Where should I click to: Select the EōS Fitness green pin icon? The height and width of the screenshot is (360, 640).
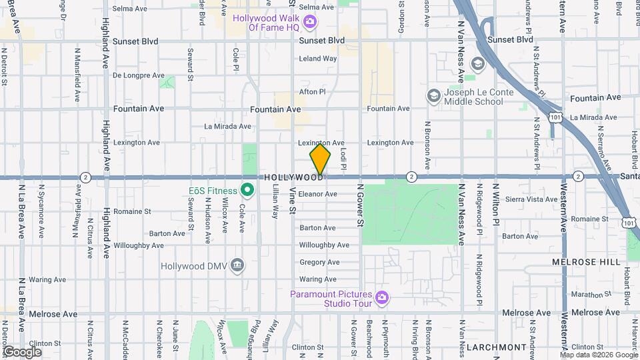(247, 191)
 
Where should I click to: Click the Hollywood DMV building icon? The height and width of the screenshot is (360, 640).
(237, 266)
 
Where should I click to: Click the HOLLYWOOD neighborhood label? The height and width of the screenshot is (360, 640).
(293, 178)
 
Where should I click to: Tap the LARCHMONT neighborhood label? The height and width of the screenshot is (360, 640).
(496, 347)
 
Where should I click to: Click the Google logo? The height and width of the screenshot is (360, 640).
(22, 351)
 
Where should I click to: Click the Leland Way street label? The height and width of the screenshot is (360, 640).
(318, 59)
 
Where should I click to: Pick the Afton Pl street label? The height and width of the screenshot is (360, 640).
(313, 92)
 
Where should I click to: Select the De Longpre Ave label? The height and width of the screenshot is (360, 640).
(138, 75)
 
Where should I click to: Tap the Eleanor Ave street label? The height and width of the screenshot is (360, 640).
(318, 194)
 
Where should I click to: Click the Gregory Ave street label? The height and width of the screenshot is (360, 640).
(319, 262)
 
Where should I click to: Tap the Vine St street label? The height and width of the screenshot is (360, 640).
(292, 200)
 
